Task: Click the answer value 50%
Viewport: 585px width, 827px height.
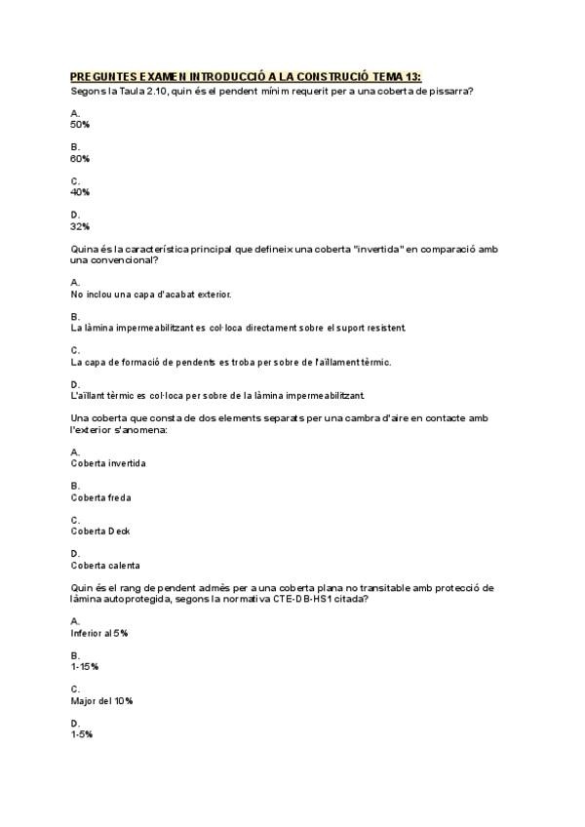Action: click(80, 124)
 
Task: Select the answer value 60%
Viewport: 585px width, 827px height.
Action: click(80, 158)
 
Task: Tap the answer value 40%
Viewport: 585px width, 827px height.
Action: click(80, 192)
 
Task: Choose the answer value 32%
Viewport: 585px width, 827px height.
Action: click(80, 226)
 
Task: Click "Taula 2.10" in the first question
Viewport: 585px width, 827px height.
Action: click(133, 91)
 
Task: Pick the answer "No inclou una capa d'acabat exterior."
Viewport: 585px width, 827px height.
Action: click(151, 294)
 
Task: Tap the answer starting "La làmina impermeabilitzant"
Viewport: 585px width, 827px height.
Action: click(238, 328)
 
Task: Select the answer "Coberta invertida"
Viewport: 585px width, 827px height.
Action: click(108, 463)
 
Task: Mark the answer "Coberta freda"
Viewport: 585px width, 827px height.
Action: click(100, 497)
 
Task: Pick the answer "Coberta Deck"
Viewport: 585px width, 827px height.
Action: click(100, 532)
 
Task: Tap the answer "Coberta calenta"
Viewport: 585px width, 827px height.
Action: click(105, 566)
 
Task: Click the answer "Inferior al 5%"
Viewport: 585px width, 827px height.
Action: click(99, 633)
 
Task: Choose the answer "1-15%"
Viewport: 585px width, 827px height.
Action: click(85, 667)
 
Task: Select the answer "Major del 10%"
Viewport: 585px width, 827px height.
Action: click(101, 701)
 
